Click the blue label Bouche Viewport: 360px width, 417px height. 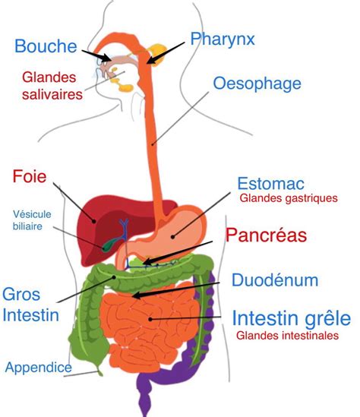[x=46, y=46]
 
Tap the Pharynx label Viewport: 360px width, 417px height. [x=223, y=39]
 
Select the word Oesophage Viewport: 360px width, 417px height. [x=257, y=84]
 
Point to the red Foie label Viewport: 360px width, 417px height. [x=30, y=176]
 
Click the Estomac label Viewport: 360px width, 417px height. [x=270, y=184]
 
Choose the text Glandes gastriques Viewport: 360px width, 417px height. [x=289, y=198]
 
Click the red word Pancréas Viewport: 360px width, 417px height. [x=266, y=235]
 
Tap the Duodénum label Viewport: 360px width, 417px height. [x=275, y=280]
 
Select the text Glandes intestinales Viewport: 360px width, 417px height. [x=287, y=336]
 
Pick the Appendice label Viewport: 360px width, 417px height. [x=38, y=368]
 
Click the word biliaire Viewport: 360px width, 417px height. [x=27, y=226]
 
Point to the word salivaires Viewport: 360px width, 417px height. [x=52, y=95]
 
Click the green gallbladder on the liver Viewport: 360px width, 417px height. [x=110, y=244]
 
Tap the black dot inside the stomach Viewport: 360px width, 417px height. [x=173, y=236]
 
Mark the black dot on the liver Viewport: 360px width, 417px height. [x=94, y=221]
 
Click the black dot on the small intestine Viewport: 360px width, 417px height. [x=150, y=319]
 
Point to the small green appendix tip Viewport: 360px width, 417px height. [x=99, y=372]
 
